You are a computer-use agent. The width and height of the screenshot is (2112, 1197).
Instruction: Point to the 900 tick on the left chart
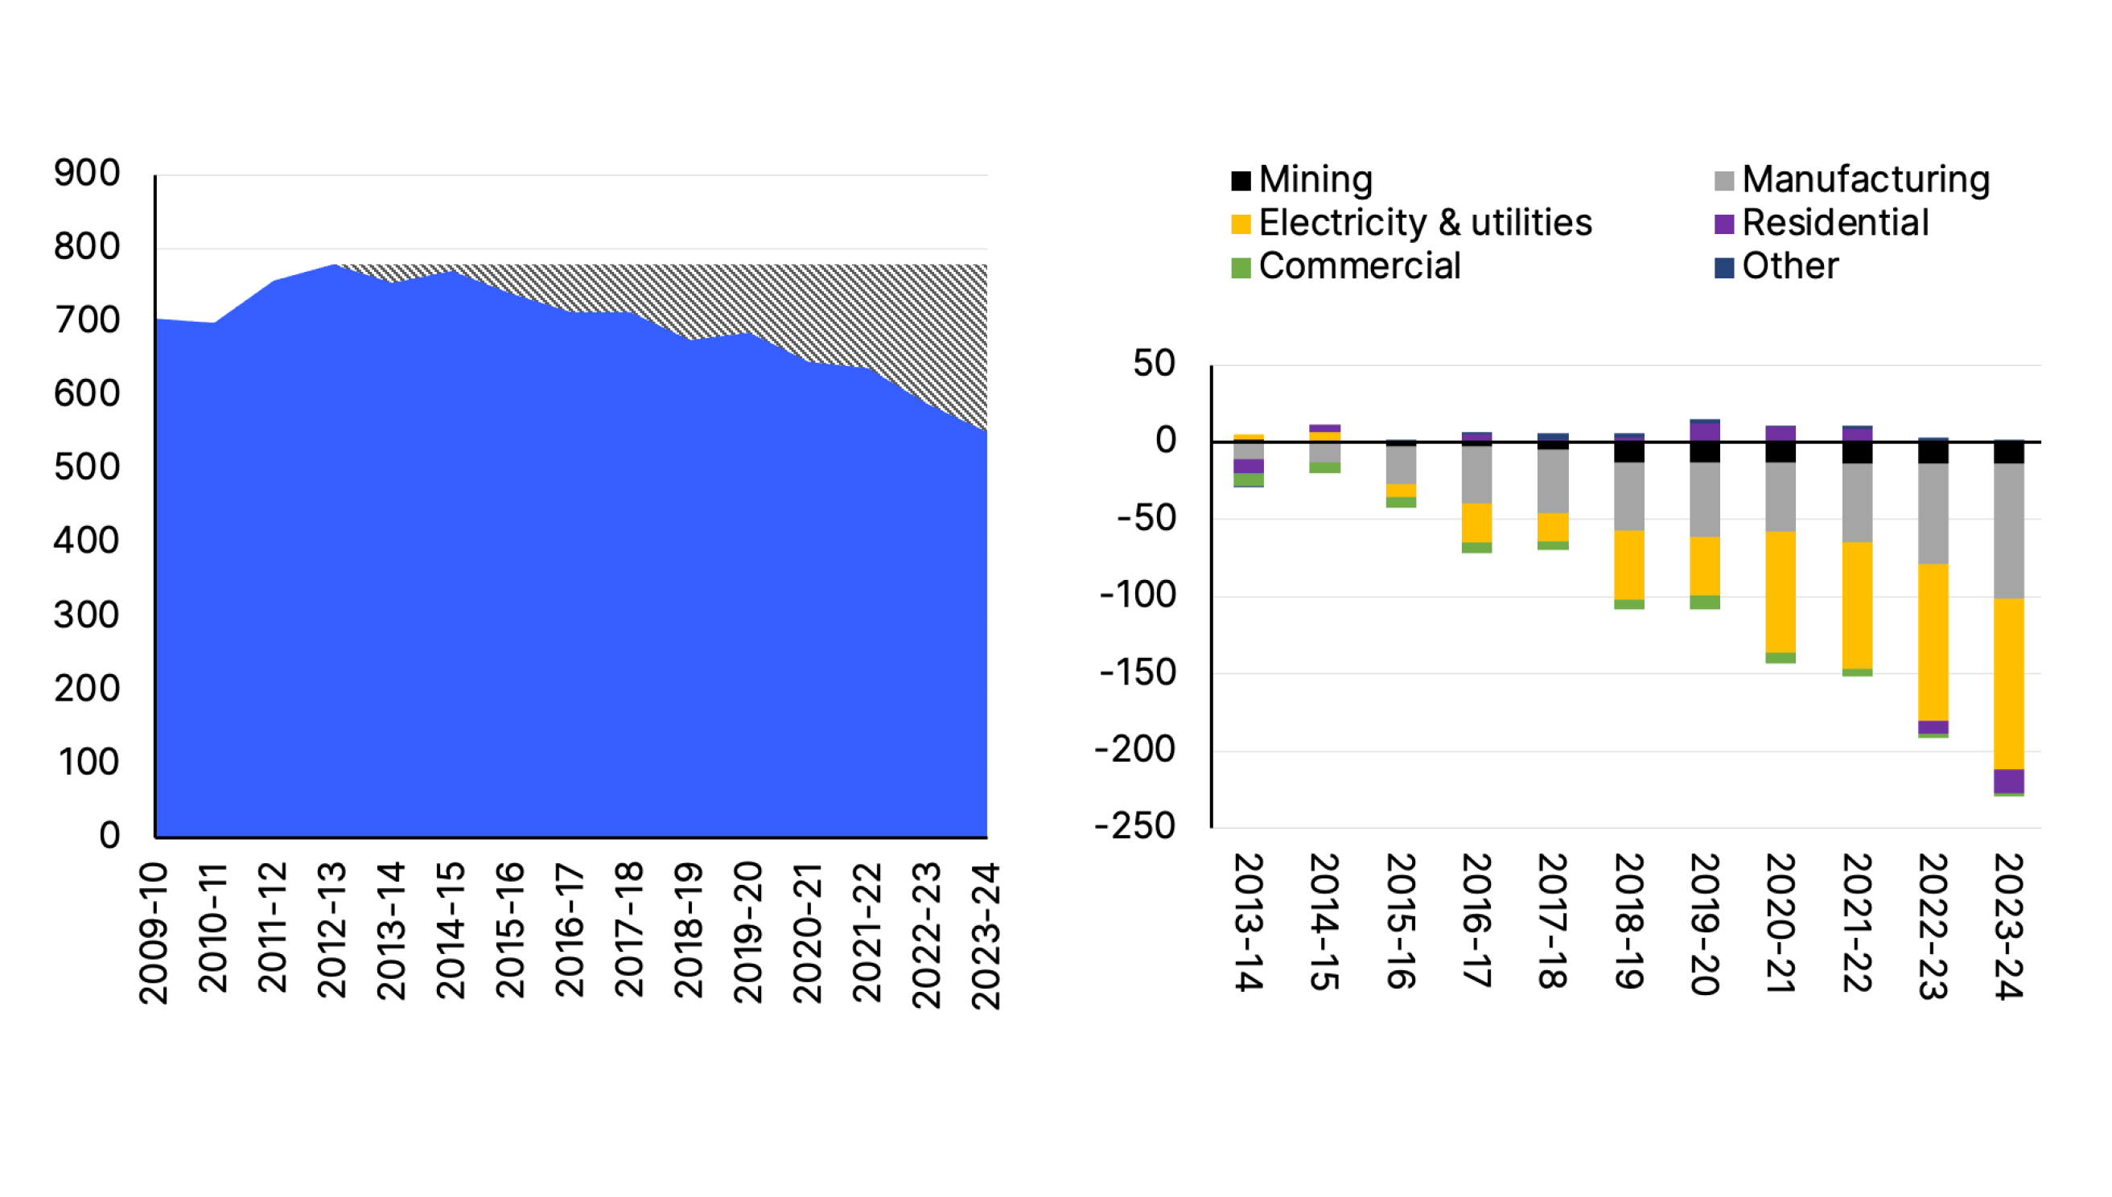tap(87, 174)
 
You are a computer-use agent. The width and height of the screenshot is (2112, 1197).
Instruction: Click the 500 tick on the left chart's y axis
tap(87, 468)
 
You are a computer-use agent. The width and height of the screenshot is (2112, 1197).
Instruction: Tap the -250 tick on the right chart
tap(1134, 826)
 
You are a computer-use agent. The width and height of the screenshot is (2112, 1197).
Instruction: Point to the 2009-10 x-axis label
tap(154, 932)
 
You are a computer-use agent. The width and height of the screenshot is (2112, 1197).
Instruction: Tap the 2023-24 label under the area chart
tap(986, 935)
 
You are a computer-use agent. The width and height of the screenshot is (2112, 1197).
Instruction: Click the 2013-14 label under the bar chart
tap(1248, 922)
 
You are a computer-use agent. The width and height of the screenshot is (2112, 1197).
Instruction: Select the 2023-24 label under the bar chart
tap(2008, 926)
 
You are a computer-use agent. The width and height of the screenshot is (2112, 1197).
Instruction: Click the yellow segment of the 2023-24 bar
tap(2008, 683)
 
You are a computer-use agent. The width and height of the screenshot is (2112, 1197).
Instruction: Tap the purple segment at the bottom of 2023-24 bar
tap(2008, 780)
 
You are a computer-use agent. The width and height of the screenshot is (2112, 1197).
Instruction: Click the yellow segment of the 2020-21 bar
tap(1780, 592)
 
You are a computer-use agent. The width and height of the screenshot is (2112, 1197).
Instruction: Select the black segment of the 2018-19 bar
tap(1628, 451)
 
